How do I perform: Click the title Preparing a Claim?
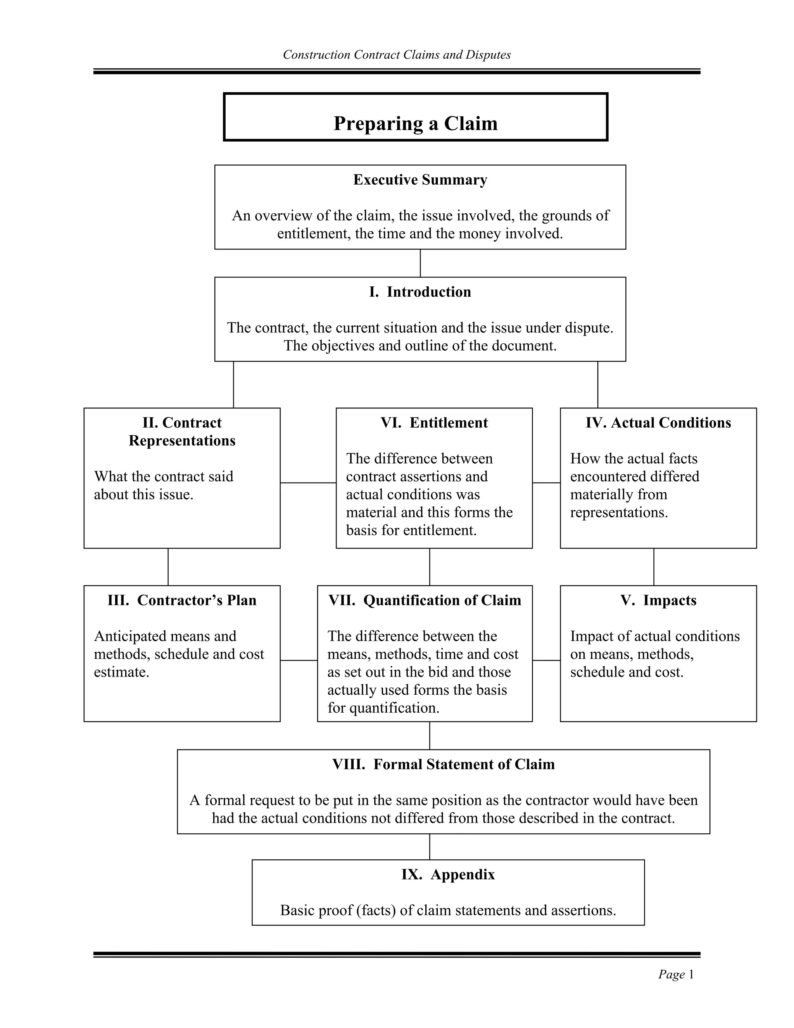pos(415,123)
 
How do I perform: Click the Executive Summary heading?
pos(420,180)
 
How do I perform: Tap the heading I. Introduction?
pos(420,292)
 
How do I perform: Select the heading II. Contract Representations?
pos(182,432)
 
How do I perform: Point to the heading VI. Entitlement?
pos(434,423)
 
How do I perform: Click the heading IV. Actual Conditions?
pos(658,423)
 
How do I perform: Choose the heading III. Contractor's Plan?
pos(182,600)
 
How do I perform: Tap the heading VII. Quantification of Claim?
pos(425,600)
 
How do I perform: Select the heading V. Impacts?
pos(658,600)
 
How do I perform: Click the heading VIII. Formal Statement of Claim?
pos(443,764)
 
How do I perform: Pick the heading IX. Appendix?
pos(448,874)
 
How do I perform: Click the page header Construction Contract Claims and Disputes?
pos(397,55)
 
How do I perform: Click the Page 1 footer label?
pos(676,974)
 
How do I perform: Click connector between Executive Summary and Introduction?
pos(420,263)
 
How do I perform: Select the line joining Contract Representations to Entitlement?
pos(308,483)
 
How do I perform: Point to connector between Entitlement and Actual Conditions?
pos(546,483)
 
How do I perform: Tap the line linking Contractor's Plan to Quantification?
pos(299,660)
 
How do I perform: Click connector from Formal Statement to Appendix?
pos(430,847)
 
